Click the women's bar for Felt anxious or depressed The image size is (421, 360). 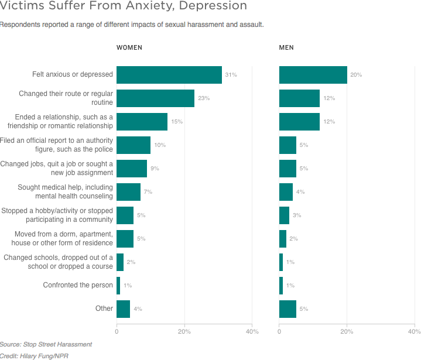(x=169, y=75)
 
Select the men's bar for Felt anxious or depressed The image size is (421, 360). (x=313, y=75)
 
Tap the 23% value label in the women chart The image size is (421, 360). (x=204, y=98)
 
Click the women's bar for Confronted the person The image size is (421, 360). (x=118, y=286)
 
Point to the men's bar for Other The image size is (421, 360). (x=287, y=309)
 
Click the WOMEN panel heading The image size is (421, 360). (x=129, y=47)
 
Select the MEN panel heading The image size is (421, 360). (x=286, y=47)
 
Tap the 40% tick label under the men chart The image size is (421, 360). (x=413, y=331)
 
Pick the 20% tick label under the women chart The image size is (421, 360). (x=184, y=331)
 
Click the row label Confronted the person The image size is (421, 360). (x=78, y=286)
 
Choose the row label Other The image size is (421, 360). (x=104, y=309)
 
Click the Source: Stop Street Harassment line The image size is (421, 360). (x=46, y=344)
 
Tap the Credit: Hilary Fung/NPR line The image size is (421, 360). (x=33, y=355)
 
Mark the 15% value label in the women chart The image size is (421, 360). (x=177, y=122)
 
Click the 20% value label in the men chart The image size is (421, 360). (x=356, y=75)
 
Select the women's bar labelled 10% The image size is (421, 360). (x=134, y=145)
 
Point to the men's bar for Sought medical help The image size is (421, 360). (x=286, y=192)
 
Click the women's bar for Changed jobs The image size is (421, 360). (x=132, y=169)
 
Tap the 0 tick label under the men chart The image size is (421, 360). (x=279, y=331)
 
